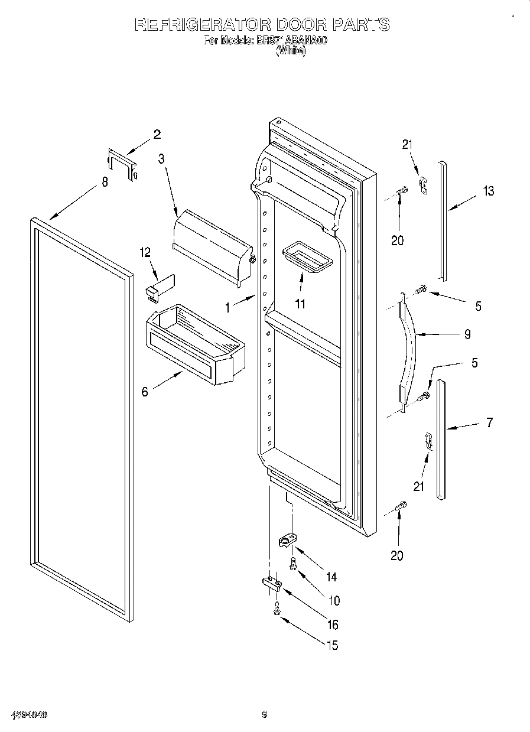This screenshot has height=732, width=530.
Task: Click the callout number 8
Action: tap(105, 183)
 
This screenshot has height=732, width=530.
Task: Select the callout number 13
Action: tap(487, 191)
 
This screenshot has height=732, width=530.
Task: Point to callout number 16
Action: tap(333, 625)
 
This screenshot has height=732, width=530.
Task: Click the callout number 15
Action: tap(332, 646)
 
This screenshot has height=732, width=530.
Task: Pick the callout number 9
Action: tap(467, 334)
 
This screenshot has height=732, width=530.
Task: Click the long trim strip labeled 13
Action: tap(442, 219)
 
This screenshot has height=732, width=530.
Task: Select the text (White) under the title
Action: tap(291, 51)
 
